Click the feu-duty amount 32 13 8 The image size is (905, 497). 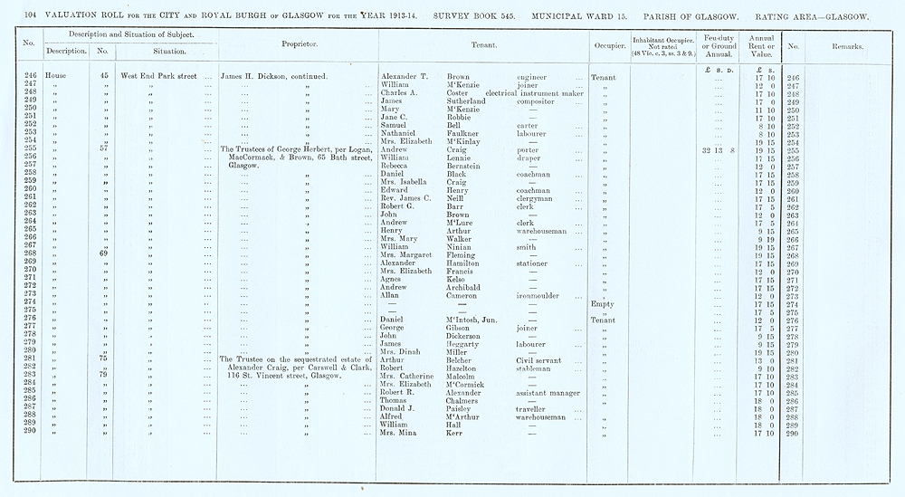coord(718,149)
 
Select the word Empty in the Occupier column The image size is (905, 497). coord(602,303)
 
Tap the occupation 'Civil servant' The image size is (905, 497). coord(541,359)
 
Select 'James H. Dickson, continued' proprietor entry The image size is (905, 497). coord(281,77)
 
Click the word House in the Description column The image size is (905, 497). coord(57,77)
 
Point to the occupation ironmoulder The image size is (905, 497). coord(542,295)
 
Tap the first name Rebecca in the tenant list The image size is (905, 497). coord(398,167)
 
